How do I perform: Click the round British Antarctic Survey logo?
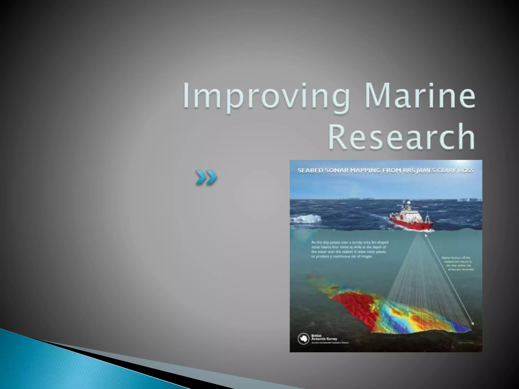pos(303,339)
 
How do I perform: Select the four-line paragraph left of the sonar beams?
pos(350,249)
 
